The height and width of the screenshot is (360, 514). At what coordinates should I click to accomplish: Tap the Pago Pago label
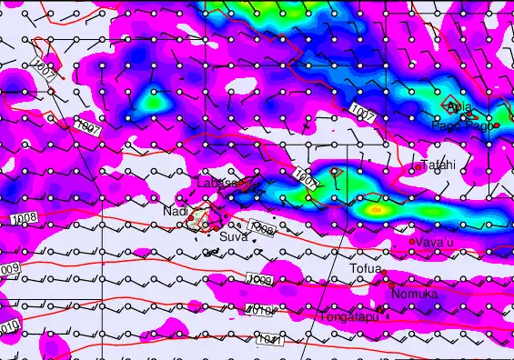[x=467, y=126]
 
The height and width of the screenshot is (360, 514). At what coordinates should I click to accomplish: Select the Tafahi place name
[x=438, y=165]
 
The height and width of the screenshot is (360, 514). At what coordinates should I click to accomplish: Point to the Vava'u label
[x=435, y=243]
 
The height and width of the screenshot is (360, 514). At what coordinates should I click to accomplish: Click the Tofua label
[x=366, y=268]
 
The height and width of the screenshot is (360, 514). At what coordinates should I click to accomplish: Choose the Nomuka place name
[x=415, y=294]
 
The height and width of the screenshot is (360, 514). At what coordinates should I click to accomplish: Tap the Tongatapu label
[x=348, y=316]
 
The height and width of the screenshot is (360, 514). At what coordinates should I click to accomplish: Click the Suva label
[x=234, y=236]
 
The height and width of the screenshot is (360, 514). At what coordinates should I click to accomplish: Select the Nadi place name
[x=176, y=211]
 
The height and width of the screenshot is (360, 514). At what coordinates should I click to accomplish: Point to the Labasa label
[x=217, y=183]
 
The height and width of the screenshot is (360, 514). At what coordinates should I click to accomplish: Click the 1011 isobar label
[x=270, y=341]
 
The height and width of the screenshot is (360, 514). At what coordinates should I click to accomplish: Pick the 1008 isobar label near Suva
[x=262, y=230]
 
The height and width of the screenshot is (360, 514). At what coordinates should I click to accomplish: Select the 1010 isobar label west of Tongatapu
[x=261, y=312]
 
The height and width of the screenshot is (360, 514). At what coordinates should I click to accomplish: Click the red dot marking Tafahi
[x=418, y=166]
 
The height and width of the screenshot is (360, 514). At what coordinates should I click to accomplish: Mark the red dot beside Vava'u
[x=412, y=242]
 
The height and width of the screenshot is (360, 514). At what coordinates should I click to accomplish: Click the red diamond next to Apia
[x=448, y=104]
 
